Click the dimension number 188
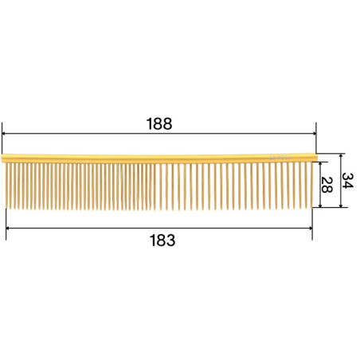159,123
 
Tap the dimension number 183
162,241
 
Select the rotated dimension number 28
327,185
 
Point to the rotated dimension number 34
347,181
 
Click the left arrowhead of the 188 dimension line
4,134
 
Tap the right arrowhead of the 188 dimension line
314,134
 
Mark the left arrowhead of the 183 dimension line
8,228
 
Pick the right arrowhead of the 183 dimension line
310,228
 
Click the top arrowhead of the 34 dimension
341,156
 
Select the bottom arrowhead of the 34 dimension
341,205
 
